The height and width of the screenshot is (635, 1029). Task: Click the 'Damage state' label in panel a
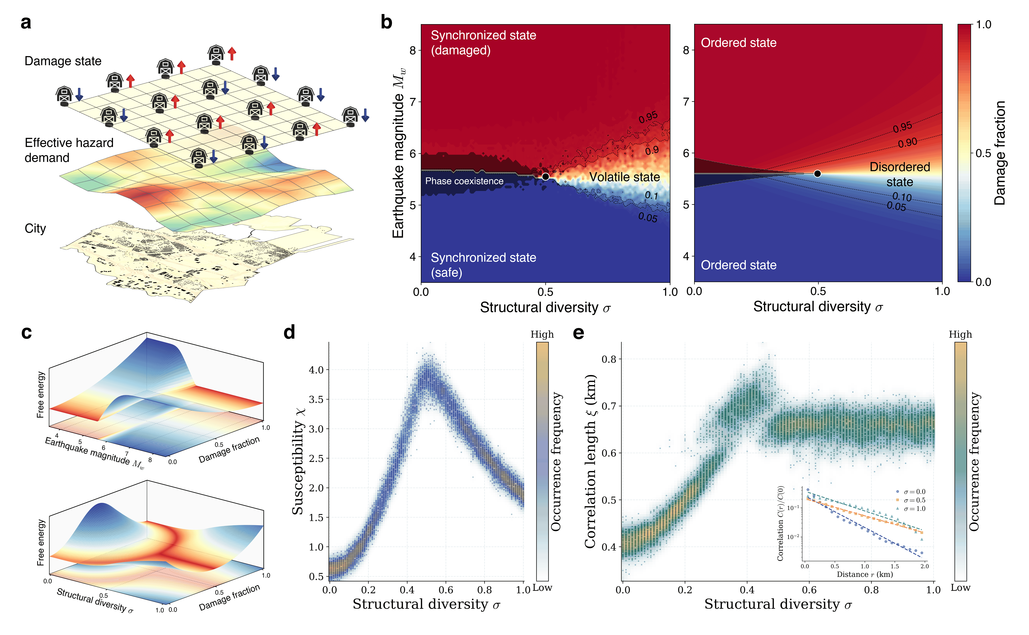pos(63,61)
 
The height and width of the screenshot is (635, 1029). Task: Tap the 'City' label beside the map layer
pos(35,228)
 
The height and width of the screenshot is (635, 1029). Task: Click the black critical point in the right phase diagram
pos(817,173)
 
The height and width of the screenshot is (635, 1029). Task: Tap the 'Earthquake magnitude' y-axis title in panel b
pos(399,153)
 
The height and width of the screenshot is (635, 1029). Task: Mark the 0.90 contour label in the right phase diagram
pos(907,143)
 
